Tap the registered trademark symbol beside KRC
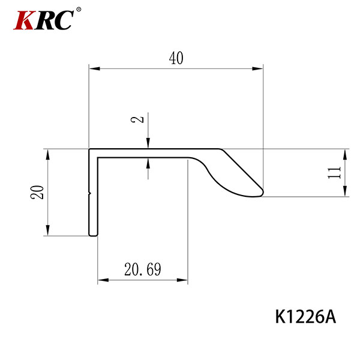pyautogui.click(x=79, y=10)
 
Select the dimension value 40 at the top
pyautogui.click(x=176, y=58)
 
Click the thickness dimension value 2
pyautogui.click(x=137, y=119)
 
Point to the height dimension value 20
pyautogui.click(x=37, y=192)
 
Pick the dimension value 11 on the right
pyautogui.click(x=334, y=173)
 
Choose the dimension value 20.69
pyautogui.click(x=143, y=269)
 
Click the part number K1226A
pyautogui.click(x=305, y=317)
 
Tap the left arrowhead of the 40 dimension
pyautogui.click(x=94, y=68)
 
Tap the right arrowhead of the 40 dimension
pyautogui.click(x=257, y=68)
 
